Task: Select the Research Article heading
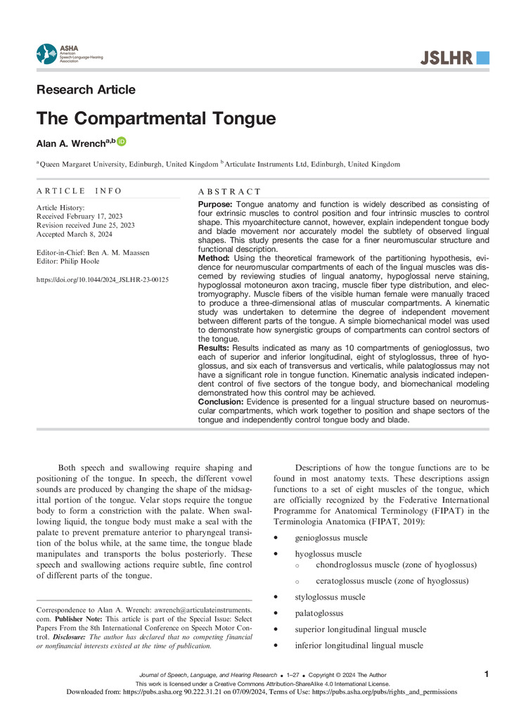coord(85,90)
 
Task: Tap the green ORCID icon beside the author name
coord(122,142)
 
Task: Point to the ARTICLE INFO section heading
coord(79,191)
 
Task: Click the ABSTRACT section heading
coord(230,191)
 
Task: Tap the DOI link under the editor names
coord(102,280)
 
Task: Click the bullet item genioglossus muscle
coord(331,538)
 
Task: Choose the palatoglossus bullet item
coord(319,613)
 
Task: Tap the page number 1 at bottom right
coord(487,674)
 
